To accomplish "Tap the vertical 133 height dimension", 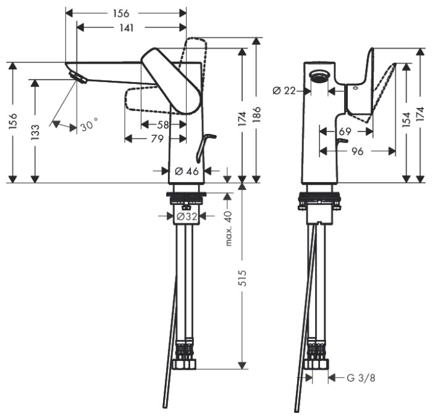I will click(x=36, y=131).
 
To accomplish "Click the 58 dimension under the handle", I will click(x=163, y=125).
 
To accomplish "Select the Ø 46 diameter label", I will click(x=187, y=171).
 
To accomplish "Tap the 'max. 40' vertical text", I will click(x=228, y=228).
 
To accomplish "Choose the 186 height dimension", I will click(x=255, y=115).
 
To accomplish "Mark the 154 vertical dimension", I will click(x=406, y=120).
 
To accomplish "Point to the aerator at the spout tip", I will click(x=78, y=78).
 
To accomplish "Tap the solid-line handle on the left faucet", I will click(x=170, y=80).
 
